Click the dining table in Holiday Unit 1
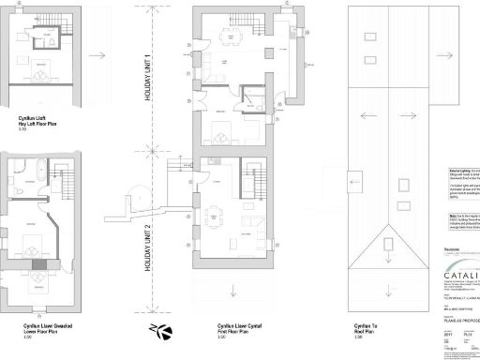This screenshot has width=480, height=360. [228, 37]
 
